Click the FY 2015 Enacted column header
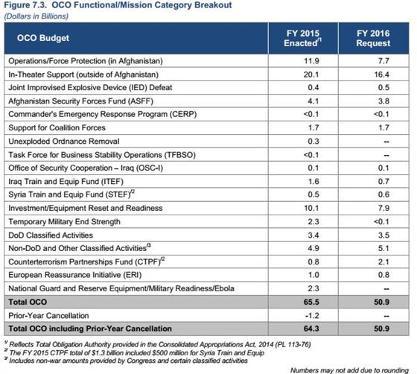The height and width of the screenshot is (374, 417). click(x=302, y=38)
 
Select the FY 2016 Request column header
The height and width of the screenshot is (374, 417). click(x=373, y=38)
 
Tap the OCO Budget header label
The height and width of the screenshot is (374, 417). click(x=43, y=38)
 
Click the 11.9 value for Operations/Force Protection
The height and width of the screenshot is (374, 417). click(x=311, y=61)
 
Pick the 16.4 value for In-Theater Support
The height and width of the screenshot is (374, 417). click(x=381, y=75)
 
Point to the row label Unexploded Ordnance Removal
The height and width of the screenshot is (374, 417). click(x=64, y=142)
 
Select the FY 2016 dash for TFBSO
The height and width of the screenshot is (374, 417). click(x=386, y=155)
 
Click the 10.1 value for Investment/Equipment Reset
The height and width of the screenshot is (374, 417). click(x=311, y=208)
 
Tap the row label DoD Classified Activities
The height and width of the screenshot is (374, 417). click(x=51, y=235)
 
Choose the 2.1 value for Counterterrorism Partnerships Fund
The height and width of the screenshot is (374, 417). click(x=383, y=262)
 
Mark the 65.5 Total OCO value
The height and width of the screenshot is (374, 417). click(x=311, y=302)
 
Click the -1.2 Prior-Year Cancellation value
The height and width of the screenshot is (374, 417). click(x=312, y=315)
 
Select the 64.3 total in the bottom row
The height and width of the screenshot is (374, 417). click(x=311, y=329)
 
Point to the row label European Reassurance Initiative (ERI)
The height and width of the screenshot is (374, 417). click(x=74, y=275)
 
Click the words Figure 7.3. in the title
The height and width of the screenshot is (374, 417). click(x=26, y=5)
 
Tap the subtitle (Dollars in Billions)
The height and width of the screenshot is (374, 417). click(x=36, y=16)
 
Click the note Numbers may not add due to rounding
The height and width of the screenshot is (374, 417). click(x=349, y=370)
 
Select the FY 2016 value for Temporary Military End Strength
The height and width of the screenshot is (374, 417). click(x=381, y=221)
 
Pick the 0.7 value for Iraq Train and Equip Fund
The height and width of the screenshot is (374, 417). click(x=383, y=182)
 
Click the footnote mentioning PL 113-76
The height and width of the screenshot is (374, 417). click(x=157, y=344)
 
